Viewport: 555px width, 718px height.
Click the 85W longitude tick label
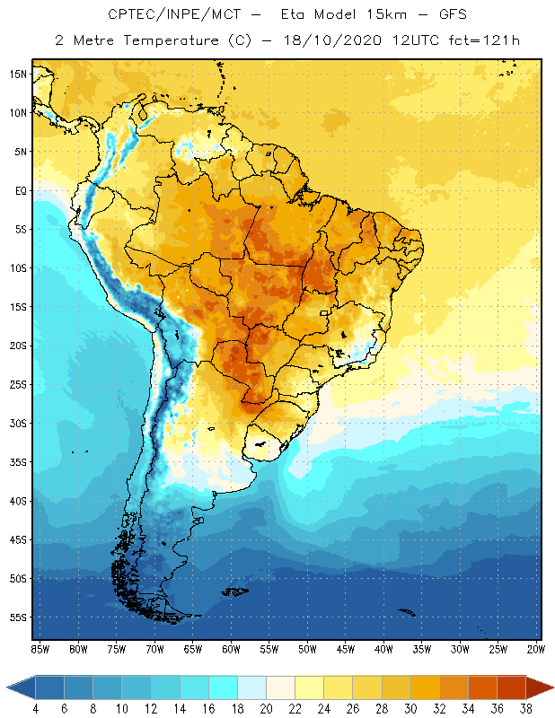[40, 649]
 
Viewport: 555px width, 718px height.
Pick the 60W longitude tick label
[231, 649]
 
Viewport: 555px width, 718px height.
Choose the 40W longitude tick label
[383, 649]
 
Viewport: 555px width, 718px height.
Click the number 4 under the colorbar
[35, 710]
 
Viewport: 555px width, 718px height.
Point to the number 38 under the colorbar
[525, 710]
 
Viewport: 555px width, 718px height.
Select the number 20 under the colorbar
[266, 710]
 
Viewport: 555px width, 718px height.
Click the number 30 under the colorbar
[410, 710]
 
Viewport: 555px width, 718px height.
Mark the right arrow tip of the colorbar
[551, 687]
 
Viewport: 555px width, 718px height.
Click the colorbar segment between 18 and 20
[251, 687]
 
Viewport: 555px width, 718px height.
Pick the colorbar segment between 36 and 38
[511, 687]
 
